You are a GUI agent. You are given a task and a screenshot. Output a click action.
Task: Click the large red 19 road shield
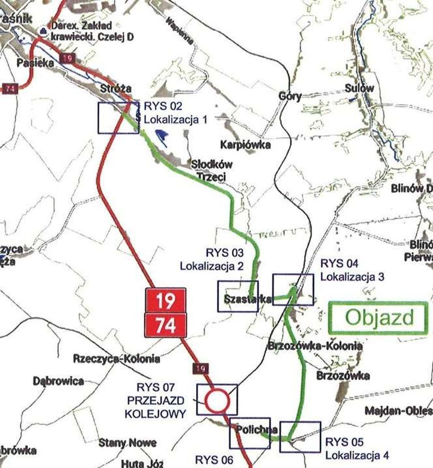(166, 300)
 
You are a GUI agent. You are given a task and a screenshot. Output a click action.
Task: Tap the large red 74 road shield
(166, 325)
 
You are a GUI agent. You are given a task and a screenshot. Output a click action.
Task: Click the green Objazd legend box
(378, 317)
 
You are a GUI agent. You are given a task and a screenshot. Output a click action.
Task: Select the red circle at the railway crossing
(217, 400)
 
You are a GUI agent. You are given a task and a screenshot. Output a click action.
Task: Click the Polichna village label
(257, 429)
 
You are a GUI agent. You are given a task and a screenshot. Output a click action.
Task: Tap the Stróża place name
(116, 88)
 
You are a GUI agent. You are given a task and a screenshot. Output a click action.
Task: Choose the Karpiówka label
(245, 144)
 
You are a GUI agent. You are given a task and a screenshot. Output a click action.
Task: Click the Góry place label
(290, 96)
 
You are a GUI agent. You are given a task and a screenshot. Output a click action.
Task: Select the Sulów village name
(359, 88)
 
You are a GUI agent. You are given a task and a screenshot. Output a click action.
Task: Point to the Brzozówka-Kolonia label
(315, 346)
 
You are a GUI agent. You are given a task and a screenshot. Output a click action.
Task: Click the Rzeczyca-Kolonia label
(117, 358)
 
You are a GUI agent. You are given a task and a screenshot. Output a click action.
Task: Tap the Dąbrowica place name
(58, 381)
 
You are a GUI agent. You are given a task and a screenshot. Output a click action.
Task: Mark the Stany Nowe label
(128, 443)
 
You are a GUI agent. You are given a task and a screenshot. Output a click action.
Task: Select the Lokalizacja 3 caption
(352, 276)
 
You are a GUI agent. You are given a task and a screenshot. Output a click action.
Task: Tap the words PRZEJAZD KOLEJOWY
(156, 407)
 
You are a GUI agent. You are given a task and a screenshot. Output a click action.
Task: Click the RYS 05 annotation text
(344, 442)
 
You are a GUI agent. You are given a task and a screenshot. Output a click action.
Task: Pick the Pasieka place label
(35, 63)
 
